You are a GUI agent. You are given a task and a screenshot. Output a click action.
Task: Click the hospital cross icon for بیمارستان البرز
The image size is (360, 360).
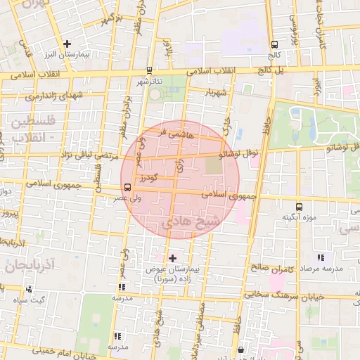coord(67,44)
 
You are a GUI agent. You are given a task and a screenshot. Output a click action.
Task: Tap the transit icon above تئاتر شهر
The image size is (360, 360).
coord(148,71)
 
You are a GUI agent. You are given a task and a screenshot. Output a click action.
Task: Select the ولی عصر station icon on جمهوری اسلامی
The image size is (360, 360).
coord(127,187)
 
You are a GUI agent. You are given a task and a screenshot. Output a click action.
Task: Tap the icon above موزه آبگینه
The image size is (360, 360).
coord(300,207)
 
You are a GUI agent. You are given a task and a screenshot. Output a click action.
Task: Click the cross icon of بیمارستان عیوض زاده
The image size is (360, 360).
coord(173,258)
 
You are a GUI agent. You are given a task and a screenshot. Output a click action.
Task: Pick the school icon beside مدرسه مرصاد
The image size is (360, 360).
coord(321,258)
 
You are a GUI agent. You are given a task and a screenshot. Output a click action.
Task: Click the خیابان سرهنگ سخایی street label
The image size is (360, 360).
coord(294,296)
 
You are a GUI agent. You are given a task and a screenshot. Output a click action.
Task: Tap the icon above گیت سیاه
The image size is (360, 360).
coord(29,289)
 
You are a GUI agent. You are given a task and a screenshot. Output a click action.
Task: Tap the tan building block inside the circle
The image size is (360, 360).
coord(213,166)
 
